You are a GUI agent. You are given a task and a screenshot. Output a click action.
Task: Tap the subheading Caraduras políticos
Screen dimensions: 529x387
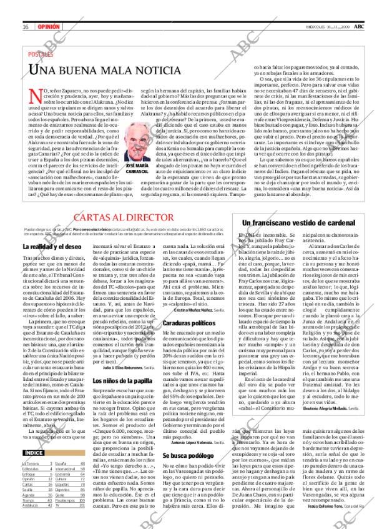click(186, 323)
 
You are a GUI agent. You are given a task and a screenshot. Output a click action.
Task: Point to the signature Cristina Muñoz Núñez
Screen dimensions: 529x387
click(194, 309)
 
